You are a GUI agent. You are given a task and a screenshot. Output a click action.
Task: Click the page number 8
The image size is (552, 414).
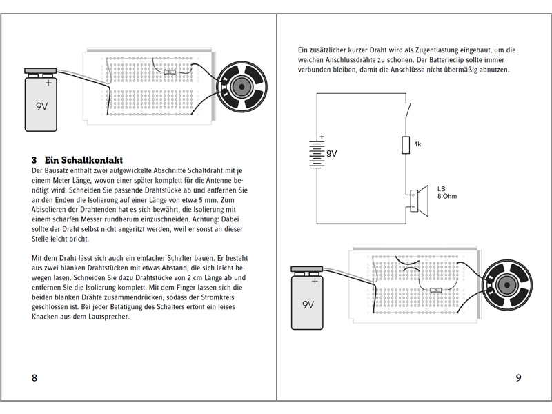click(x=34, y=378)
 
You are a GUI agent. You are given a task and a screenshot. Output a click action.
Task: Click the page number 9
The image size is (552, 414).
click(x=518, y=378)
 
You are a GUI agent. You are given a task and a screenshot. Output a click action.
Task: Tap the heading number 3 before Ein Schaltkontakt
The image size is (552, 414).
click(x=34, y=159)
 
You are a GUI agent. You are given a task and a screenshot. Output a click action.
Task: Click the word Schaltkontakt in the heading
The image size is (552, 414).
click(x=86, y=159)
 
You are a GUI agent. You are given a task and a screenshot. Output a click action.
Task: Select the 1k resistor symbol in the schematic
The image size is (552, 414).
click(x=406, y=145)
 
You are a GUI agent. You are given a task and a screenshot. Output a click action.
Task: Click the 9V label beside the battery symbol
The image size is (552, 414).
click(x=332, y=153)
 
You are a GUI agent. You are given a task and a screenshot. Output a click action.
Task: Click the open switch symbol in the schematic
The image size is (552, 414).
click(x=408, y=110)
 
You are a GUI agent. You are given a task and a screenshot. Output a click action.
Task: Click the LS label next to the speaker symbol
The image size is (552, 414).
click(x=442, y=188)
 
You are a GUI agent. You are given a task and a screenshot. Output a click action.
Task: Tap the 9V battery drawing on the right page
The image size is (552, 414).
click(x=308, y=297)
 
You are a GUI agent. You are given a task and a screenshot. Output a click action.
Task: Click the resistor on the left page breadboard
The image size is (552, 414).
click(x=171, y=70)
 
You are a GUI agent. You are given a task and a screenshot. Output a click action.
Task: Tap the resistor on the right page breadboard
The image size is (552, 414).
click(x=436, y=290)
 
